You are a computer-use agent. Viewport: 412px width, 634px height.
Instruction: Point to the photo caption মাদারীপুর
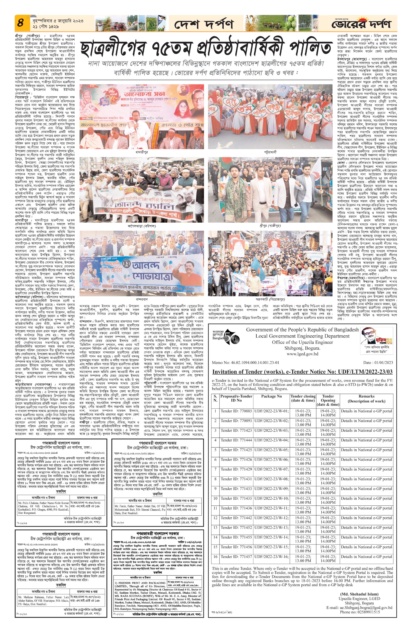(141, 152)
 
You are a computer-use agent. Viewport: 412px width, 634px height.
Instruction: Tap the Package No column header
(271, 396)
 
